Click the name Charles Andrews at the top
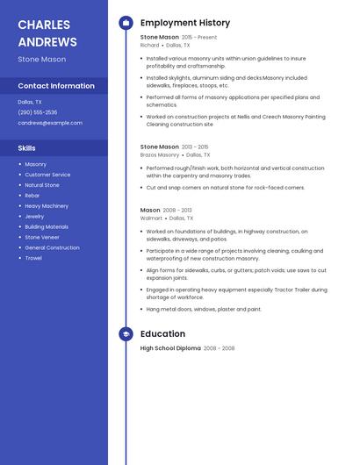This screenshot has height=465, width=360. tap(47, 32)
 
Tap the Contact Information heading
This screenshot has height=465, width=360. tap(56, 86)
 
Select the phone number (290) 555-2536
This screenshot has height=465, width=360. tap(38, 112)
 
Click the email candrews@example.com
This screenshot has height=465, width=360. tap(50, 123)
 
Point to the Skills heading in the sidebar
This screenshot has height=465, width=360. tap(26, 148)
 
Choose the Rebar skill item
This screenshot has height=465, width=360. tap(32, 196)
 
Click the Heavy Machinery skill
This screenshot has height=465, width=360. tap(47, 206)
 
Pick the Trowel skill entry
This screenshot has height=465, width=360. tap(33, 258)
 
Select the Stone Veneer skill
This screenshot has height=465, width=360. tap(42, 237)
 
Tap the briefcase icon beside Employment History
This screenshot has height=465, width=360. tap(126, 23)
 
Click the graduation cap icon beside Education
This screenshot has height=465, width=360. tap(126, 334)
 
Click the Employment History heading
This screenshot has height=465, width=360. tap(185, 23)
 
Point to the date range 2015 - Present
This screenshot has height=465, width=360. tap(199, 38)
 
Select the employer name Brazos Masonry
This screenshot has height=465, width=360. tap(160, 154)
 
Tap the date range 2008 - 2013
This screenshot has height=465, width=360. tap(177, 211)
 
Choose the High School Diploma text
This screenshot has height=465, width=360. tap(170, 348)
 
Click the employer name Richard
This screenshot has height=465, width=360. tap(150, 45)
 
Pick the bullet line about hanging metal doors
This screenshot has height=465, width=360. tap(204, 309)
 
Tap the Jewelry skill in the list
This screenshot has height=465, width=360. tap(34, 216)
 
